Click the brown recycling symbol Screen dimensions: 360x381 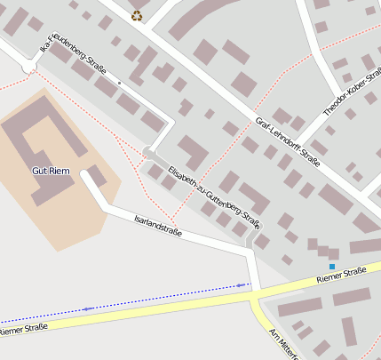click(x=136, y=14)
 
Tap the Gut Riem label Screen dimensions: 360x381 click(x=51, y=170)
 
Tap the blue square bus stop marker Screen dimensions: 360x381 click(x=332, y=267)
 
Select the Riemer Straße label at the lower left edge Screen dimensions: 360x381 click(x=21, y=331)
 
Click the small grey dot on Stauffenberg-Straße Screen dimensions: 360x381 click(x=119, y=83)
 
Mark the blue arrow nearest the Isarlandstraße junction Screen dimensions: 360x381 click(x=240, y=285)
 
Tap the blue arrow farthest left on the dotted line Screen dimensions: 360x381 click(x=87, y=308)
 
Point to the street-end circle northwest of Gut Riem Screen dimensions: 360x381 click(x=29, y=67)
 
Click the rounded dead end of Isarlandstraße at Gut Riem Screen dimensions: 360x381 click(x=86, y=174)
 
